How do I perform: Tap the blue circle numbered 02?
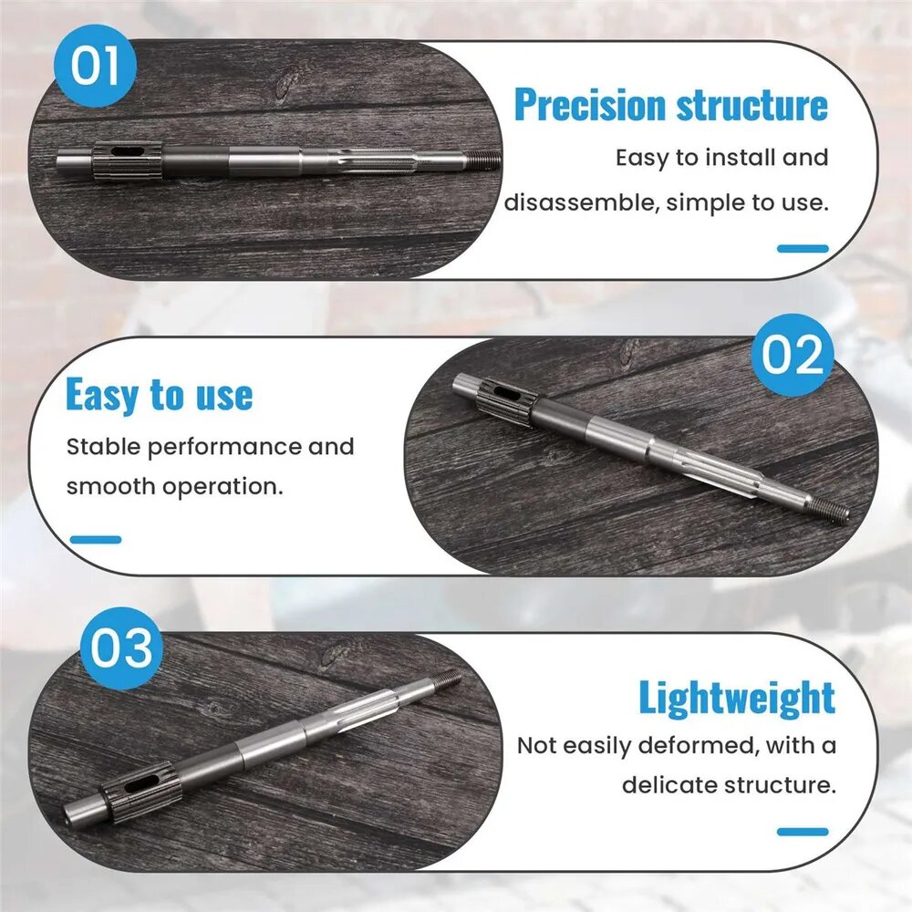point(792,355)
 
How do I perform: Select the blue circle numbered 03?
point(121,648)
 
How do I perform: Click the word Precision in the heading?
point(590,105)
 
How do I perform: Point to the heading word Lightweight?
point(737,697)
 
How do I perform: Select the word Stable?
point(103,447)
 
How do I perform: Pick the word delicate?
point(669,785)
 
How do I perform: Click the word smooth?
point(110,486)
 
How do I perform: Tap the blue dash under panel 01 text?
point(803,249)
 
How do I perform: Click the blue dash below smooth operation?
point(96,540)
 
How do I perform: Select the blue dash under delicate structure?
point(803,832)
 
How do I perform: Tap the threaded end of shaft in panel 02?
point(829,508)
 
